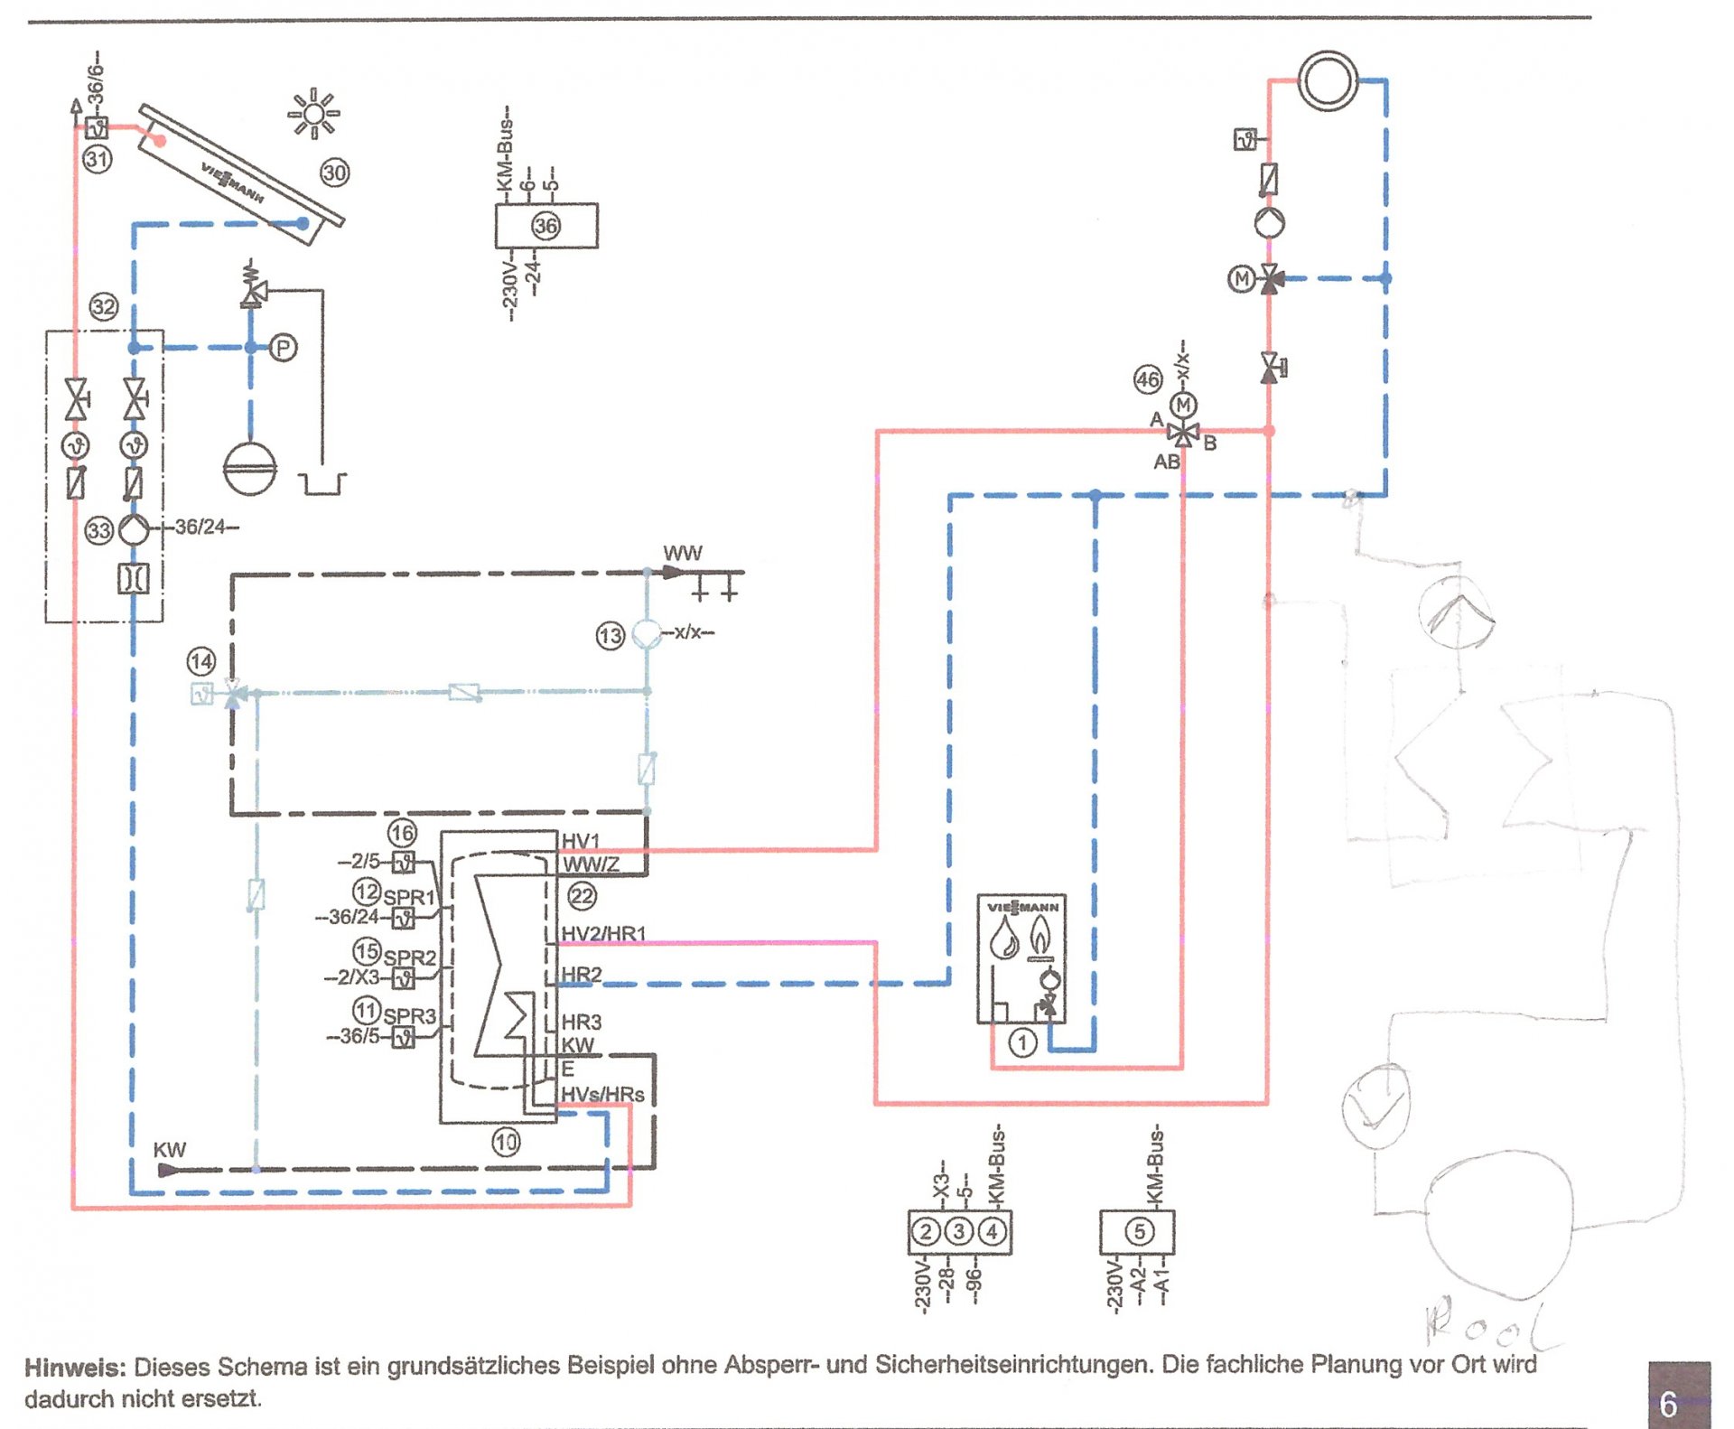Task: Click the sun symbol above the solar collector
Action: (x=312, y=114)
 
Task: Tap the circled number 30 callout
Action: (x=334, y=172)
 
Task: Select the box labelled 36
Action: (x=545, y=225)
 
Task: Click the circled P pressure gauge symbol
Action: (x=283, y=347)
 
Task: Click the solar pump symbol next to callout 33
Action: (x=134, y=529)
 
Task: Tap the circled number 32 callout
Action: (x=104, y=307)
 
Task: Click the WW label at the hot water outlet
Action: (x=682, y=553)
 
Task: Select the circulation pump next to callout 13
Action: (x=647, y=633)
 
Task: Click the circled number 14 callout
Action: (x=200, y=661)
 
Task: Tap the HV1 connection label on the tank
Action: (x=580, y=841)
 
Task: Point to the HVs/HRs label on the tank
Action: (x=602, y=1094)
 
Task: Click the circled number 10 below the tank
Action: (x=506, y=1143)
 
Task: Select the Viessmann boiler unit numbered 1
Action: (x=1021, y=957)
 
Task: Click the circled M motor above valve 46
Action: (x=1183, y=406)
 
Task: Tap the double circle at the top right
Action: (x=1328, y=81)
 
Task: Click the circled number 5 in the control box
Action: (x=1139, y=1231)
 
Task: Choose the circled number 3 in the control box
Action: (x=959, y=1231)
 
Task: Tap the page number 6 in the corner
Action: (x=1669, y=1404)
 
